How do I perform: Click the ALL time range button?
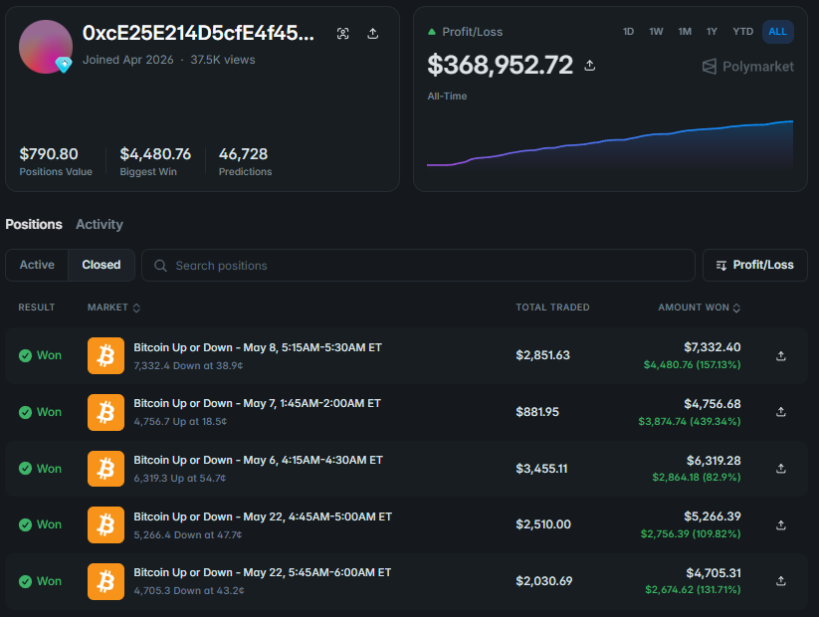coord(778,32)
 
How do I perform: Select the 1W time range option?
coord(656,32)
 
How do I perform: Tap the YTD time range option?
coord(742,32)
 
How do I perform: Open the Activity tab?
coord(100,224)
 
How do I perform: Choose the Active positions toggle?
coord(37,265)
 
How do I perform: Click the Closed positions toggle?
coord(102,265)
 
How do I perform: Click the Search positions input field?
coord(418,266)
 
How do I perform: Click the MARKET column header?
coord(113,308)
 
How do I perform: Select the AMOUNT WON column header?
coord(699,308)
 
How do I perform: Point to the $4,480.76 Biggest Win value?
coord(155,154)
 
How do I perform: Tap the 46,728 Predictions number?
coord(243,154)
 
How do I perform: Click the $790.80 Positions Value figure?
coord(49,154)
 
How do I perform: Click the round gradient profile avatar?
coord(46,47)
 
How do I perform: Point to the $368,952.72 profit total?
coord(500,65)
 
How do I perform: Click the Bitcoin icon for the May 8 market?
coord(106,356)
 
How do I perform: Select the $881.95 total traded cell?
coord(537,412)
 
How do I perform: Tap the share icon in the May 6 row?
coord(781,469)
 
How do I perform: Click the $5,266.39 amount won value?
coord(713,516)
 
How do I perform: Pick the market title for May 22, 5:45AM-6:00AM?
coord(262,572)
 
